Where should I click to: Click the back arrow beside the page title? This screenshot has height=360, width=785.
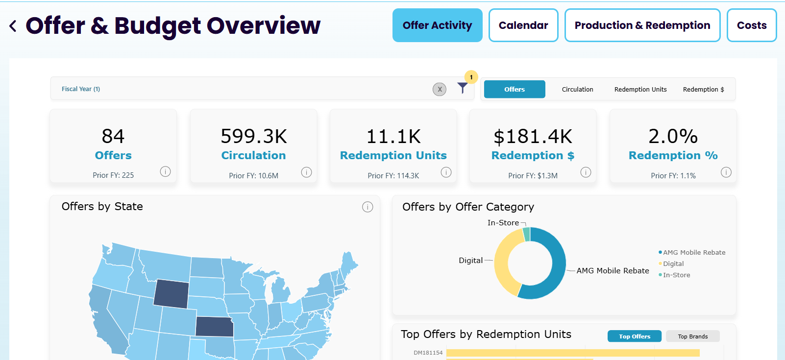click(13, 26)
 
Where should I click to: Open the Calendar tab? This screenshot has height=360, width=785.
click(523, 25)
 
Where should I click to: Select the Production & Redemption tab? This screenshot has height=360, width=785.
click(642, 25)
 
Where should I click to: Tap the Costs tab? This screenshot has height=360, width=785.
click(752, 25)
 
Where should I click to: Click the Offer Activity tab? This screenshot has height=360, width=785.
click(438, 25)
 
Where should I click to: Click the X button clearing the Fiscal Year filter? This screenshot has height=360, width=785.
click(440, 89)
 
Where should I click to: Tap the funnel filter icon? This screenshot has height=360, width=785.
click(462, 88)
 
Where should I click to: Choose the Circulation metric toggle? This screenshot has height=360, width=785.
click(578, 89)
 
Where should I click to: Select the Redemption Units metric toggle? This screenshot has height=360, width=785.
click(640, 89)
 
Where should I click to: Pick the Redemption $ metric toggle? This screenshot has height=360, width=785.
click(703, 89)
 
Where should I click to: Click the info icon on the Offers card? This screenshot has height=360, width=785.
click(166, 171)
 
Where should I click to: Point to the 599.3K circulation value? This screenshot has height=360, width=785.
click(254, 136)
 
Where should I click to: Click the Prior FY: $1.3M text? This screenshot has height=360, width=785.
click(533, 175)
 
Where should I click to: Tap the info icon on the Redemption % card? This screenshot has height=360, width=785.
click(726, 172)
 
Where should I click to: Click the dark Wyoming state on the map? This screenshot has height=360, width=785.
click(171, 293)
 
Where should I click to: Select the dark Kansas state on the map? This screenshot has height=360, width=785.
click(214, 327)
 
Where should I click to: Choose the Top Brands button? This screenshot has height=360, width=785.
click(692, 336)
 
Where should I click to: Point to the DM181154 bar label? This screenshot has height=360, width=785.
click(428, 353)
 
